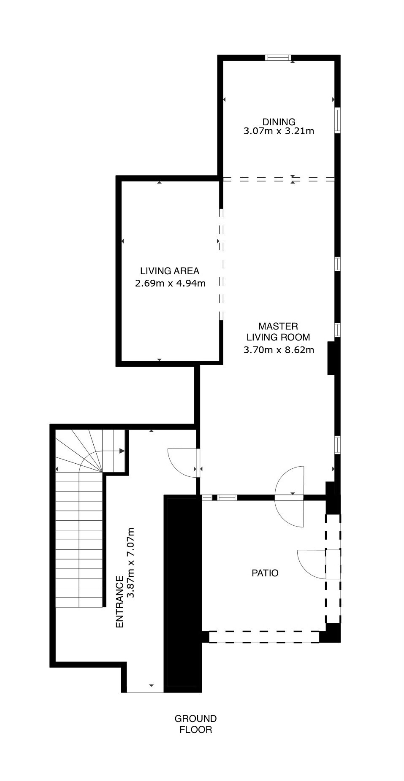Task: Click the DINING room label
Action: (279, 122)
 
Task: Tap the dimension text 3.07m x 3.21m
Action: (279, 131)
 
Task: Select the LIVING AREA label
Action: (170, 271)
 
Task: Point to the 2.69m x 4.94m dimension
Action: (170, 283)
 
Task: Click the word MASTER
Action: (278, 326)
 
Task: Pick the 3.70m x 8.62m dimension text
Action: (279, 350)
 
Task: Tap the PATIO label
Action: (265, 573)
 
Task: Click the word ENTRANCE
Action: (119, 602)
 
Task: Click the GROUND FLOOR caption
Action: (196, 724)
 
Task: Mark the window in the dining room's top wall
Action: (278, 58)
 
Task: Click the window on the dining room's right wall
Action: (337, 121)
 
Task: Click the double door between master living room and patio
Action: (290, 497)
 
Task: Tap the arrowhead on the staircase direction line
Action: (122, 451)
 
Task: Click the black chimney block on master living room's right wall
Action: (332, 358)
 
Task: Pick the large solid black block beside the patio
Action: (183, 593)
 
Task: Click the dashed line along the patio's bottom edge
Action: (264, 637)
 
